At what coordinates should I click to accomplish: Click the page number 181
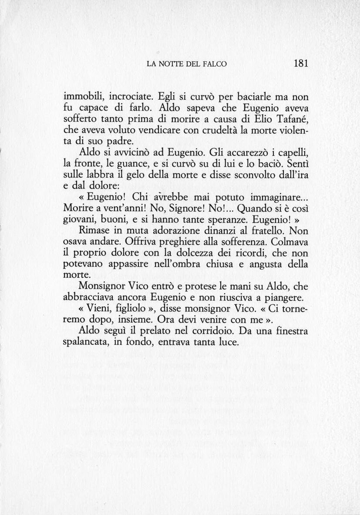(301, 63)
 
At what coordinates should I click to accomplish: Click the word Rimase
(94, 232)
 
